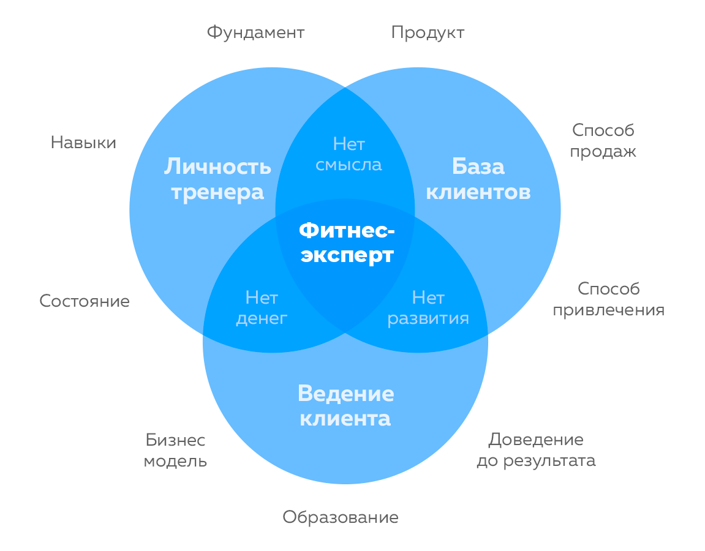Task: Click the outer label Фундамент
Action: [x=255, y=32]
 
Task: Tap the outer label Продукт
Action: [x=428, y=32]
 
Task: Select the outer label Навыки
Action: [x=83, y=143]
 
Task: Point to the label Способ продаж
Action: [x=603, y=140]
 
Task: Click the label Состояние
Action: [x=85, y=301]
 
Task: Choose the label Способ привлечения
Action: [x=608, y=299]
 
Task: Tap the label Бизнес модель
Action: [x=175, y=450]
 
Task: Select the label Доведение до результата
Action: [x=536, y=450]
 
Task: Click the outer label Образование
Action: [x=341, y=518]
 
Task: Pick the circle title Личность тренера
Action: [x=217, y=179]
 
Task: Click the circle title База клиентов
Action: [x=478, y=179]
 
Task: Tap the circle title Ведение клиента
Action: [x=345, y=406]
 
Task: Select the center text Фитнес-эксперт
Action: [x=347, y=242]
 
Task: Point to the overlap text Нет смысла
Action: [x=349, y=154]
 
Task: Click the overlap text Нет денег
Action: [x=262, y=308]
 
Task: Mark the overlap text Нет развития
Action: [x=428, y=308]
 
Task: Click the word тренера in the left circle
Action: [x=217, y=192]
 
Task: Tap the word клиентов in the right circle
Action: [x=478, y=192]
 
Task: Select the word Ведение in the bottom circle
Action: [x=345, y=393]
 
